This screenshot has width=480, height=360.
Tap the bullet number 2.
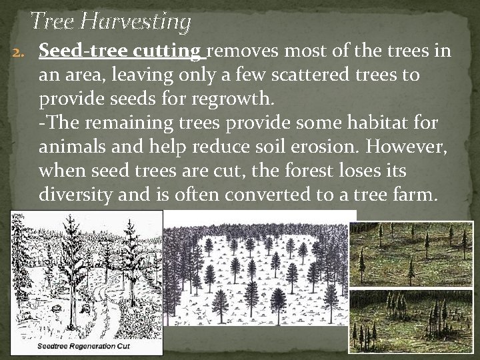tap(19, 52)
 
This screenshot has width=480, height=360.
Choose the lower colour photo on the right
tap(411, 320)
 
